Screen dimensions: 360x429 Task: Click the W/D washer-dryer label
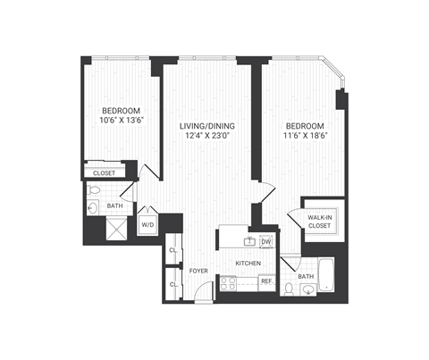coord(147,225)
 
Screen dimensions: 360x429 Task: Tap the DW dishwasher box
coord(265,242)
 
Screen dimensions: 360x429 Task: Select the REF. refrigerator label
coord(265,281)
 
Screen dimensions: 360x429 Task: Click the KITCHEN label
coord(248,264)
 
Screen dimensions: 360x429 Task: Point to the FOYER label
coord(198,269)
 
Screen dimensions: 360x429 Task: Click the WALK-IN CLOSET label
coord(319,222)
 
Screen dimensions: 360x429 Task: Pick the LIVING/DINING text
coord(208,124)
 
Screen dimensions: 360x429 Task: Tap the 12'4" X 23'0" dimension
coord(208,136)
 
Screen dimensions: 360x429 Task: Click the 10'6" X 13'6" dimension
coord(120,125)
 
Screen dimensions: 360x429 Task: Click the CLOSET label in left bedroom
coord(105,173)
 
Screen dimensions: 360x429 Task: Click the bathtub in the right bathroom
coord(325,275)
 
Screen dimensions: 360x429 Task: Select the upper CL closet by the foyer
coord(172,250)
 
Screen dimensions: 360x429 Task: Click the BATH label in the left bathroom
coord(114,206)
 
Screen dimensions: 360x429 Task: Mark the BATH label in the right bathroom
coord(306,277)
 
